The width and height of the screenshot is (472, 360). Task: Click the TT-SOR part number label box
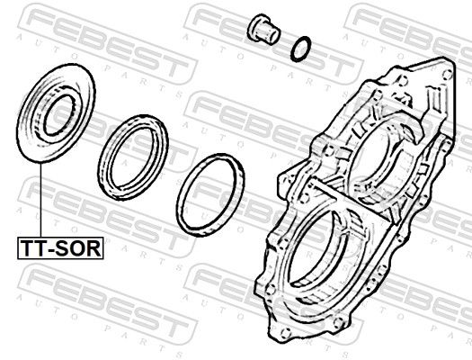60,247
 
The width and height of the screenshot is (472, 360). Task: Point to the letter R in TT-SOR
94,248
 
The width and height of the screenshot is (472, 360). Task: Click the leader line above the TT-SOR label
40,200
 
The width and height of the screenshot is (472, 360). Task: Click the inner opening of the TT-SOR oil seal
59,115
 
